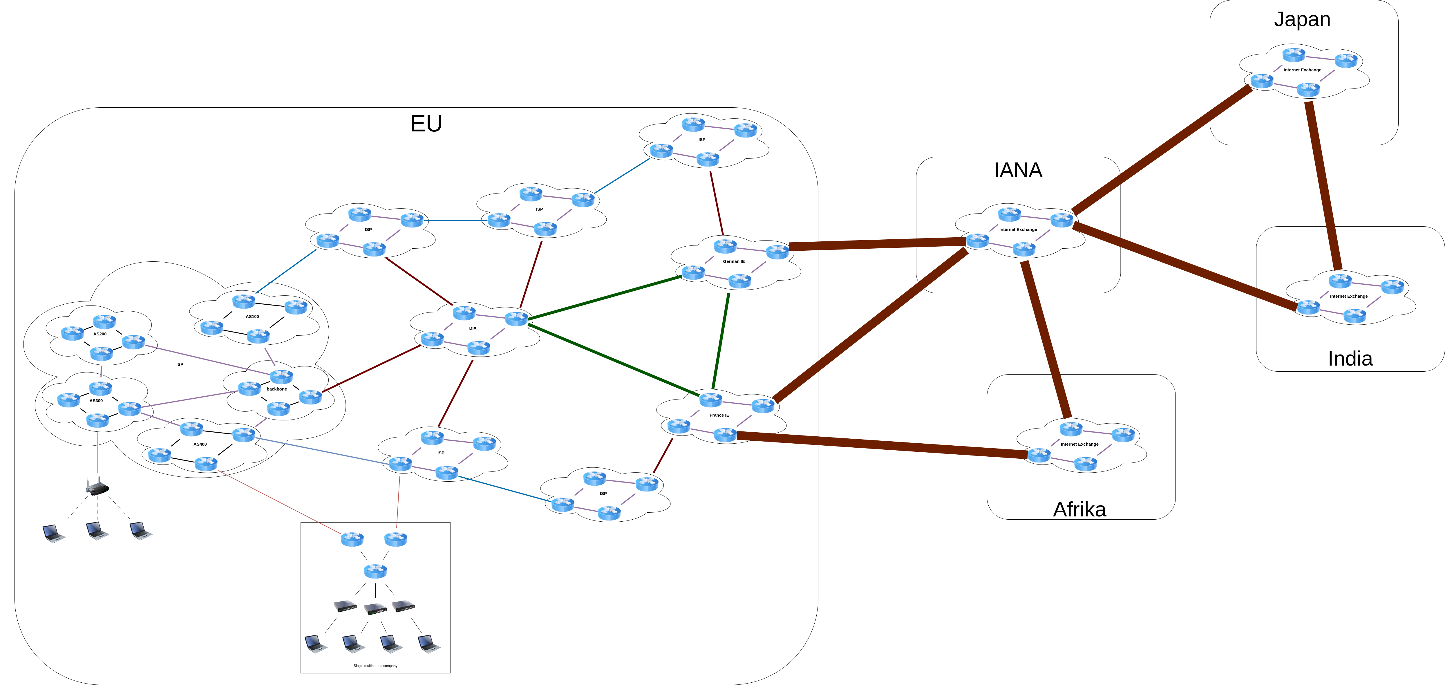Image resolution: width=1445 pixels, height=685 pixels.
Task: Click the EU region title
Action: (426, 123)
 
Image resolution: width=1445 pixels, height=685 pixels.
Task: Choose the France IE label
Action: (719, 415)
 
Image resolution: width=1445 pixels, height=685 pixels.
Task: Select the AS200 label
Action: (100, 334)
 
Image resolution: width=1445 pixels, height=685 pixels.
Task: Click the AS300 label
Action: (96, 401)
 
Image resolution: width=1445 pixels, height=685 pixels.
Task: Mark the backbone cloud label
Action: (276, 389)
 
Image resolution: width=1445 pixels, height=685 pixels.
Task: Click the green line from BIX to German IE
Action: (605, 298)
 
